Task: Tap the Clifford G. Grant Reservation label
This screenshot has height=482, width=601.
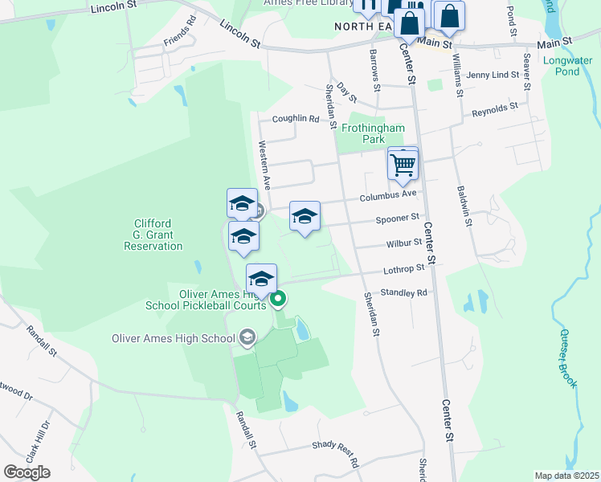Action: click(x=158, y=235)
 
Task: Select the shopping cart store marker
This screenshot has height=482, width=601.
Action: click(x=403, y=165)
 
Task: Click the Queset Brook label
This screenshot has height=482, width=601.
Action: click(x=567, y=358)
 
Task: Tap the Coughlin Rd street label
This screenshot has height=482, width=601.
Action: click(x=296, y=119)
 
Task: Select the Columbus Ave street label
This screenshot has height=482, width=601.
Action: click(x=388, y=194)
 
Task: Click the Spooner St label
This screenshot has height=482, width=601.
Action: click(x=398, y=218)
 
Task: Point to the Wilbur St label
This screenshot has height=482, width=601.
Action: click(x=403, y=242)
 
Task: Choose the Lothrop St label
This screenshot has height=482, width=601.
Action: click(x=403, y=268)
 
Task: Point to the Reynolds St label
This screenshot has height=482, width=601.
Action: click(x=495, y=107)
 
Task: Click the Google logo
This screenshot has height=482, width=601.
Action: click(x=27, y=472)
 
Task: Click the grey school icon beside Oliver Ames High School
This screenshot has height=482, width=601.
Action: click(x=247, y=337)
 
